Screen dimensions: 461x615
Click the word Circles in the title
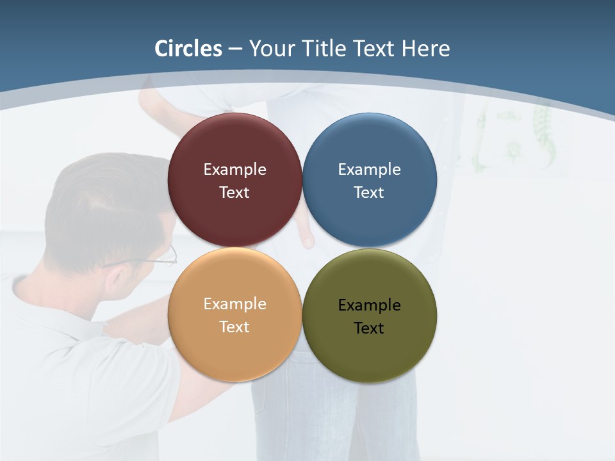[188, 49]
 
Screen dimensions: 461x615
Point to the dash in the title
[235, 49]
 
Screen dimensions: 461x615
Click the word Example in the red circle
[234, 170]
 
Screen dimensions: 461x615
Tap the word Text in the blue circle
[369, 193]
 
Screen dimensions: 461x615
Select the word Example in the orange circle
[234, 304]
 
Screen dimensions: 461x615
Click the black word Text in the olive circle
[369, 328]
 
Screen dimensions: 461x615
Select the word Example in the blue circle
[369, 170]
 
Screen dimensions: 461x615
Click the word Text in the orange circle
[234, 327]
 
